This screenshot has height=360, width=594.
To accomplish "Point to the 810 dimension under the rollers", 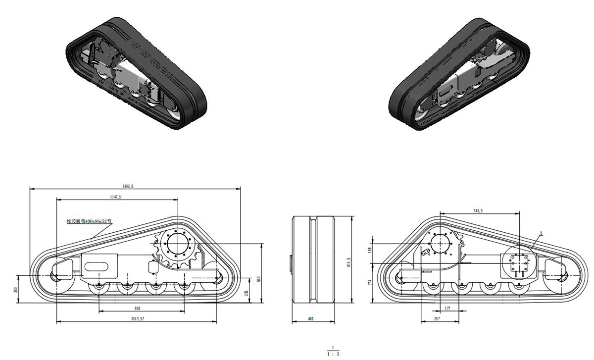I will point(137,308).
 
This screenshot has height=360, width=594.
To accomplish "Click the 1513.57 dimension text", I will point(135,319).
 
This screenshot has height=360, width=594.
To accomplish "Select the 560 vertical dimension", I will point(258,279).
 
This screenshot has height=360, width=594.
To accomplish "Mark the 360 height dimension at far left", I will point(16,289).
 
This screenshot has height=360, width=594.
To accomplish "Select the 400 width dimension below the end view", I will point(310,319).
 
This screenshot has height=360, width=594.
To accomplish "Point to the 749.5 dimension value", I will point(478,211).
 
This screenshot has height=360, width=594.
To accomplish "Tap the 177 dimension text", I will point(447,309).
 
